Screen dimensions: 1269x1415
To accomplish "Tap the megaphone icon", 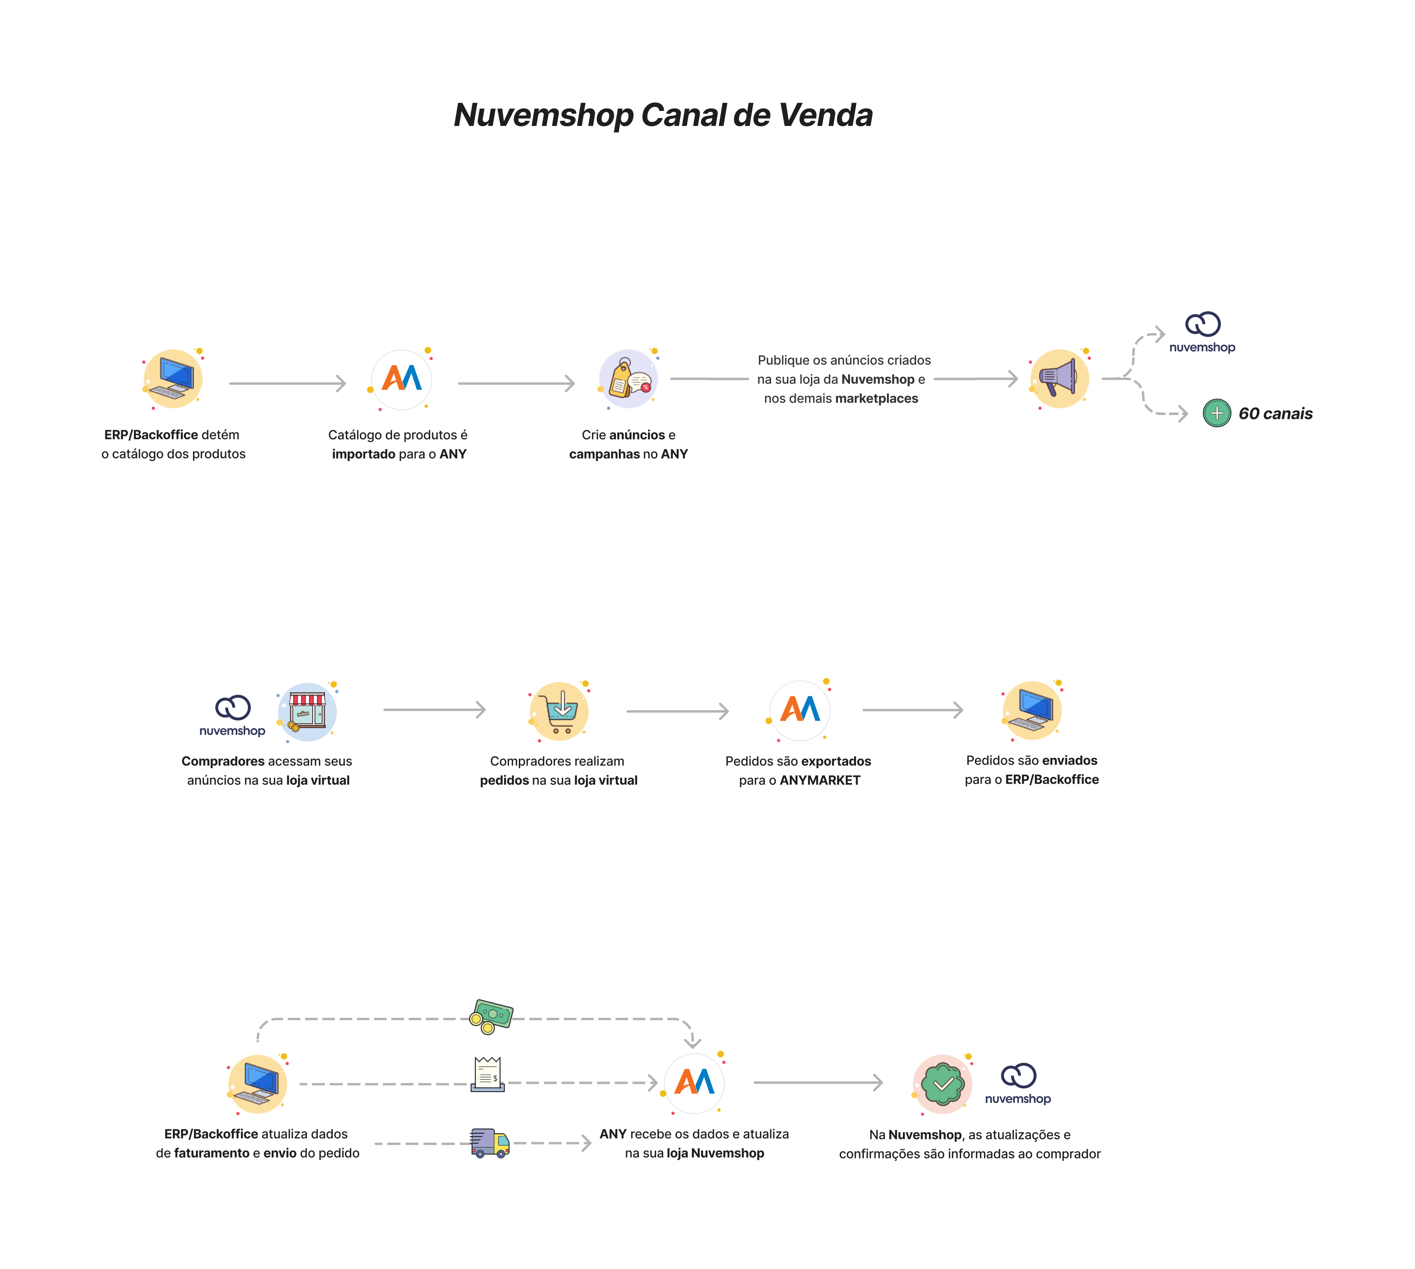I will (x=1059, y=379).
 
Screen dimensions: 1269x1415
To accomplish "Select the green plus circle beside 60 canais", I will (x=1216, y=413).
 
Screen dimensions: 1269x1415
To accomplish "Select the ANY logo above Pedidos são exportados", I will (x=800, y=710).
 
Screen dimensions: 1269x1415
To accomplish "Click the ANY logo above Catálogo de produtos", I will (x=402, y=379).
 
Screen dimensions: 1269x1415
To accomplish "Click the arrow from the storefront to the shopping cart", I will (x=434, y=710).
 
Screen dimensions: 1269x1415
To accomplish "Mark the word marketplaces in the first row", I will (x=876, y=399).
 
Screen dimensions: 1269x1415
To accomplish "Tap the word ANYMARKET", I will (x=820, y=780).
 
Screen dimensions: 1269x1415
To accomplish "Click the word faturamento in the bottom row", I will (x=212, y=1153).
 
